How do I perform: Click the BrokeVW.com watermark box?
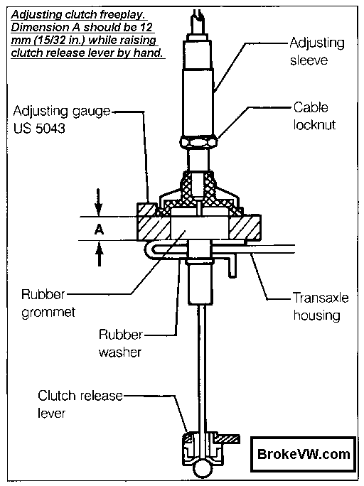pos(303,454)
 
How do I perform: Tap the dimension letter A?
pos(99,229)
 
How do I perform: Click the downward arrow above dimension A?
pos(99,202)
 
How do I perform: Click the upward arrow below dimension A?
pos(100,254)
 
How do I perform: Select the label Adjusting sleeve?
pos(317,51)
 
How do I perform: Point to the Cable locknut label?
pos(314,116)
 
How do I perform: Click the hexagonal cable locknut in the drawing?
pos(199,143)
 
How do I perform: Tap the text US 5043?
pos(39,128)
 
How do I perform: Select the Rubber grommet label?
pos(48,303)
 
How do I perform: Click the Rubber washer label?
pos(121,343)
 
